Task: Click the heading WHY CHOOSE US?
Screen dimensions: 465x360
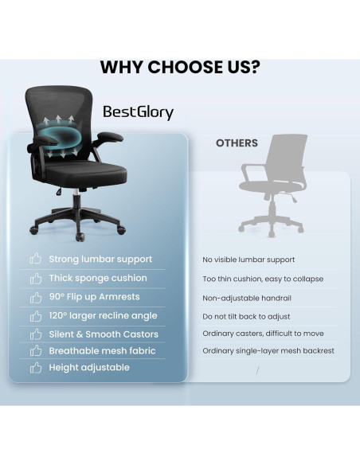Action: [180, 67]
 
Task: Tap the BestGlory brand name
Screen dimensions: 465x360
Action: [137, 112]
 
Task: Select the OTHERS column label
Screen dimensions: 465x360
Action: [237, 143]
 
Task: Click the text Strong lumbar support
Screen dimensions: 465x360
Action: [100, 259]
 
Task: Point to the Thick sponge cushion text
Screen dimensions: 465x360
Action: [97, 278]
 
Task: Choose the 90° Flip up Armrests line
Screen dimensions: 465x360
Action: [94, 297]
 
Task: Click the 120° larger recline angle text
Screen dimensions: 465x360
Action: [103, 316]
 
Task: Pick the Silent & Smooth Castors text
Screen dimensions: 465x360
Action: [104, 334]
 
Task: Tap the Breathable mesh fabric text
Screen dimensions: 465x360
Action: [102, 350]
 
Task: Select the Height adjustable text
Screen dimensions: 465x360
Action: [89, 367]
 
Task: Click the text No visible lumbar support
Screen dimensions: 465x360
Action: [248, 260]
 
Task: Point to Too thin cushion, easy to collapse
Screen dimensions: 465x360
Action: [263, 279]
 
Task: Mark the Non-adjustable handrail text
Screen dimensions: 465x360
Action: [246, 298]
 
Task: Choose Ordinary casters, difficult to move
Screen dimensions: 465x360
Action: [263, 334]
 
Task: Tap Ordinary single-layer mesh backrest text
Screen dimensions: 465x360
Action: [268, 350]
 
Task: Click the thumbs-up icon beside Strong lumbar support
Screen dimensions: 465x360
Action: [35, 259]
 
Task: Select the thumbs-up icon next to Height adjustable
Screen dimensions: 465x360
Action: [35, 368]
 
